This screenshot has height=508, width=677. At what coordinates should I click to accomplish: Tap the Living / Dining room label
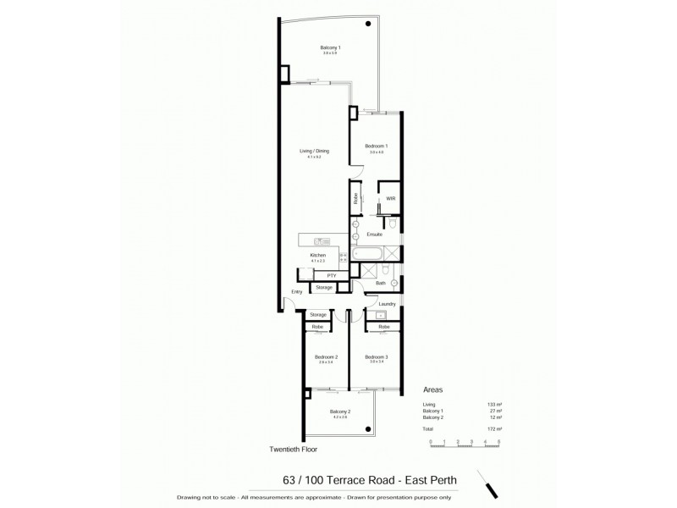314,151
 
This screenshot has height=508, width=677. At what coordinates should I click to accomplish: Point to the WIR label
390,198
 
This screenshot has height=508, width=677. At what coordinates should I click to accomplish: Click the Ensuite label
375,234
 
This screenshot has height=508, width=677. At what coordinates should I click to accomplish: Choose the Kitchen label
318,255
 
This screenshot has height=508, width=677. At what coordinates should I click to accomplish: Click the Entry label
296,292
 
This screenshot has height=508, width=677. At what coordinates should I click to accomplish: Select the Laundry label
388,303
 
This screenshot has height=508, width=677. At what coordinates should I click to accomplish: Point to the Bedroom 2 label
326,357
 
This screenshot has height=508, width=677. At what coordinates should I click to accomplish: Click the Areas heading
433,391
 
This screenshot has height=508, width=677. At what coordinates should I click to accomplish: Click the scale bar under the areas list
465,441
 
